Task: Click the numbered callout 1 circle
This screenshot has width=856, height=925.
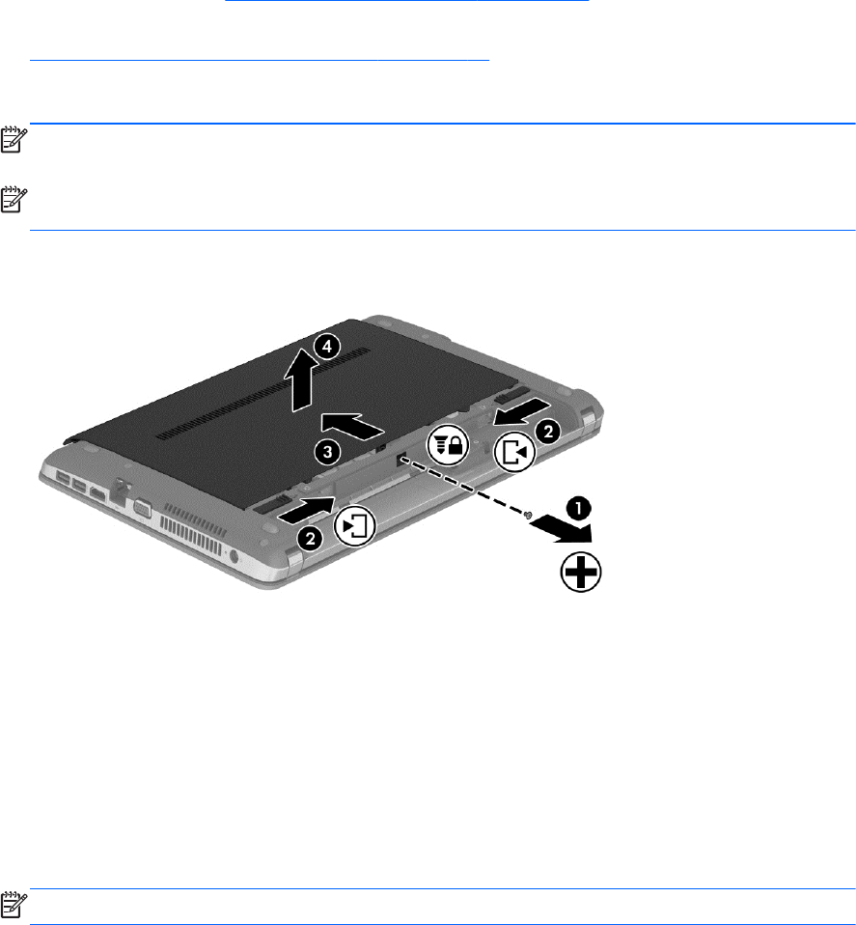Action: [x=579, y=508]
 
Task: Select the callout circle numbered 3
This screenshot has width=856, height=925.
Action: [x=326, y=453]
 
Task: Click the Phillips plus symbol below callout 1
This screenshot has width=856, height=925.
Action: [x=581, y=572]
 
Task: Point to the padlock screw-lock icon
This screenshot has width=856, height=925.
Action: [x=448, y=444]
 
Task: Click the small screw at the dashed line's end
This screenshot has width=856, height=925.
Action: [x=528, y=515]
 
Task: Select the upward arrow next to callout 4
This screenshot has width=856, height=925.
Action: [x=302, y=379]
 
